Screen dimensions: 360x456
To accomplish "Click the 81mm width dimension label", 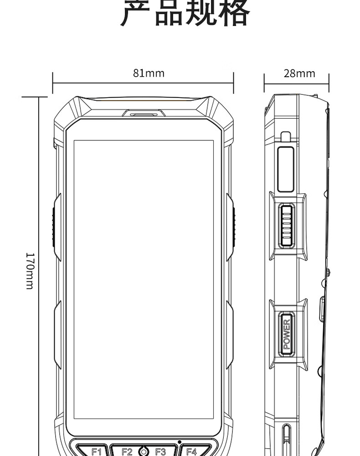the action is point(149,73).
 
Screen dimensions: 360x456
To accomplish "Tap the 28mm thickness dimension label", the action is point(299,73).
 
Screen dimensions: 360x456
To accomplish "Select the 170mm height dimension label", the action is point(30,271).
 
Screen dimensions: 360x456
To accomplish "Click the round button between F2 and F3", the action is point(144,451).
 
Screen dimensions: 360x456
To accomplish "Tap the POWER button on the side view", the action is point(287,334).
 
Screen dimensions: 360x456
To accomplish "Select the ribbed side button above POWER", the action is point(287,226).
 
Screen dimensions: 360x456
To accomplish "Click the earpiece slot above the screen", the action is point(144,114).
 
